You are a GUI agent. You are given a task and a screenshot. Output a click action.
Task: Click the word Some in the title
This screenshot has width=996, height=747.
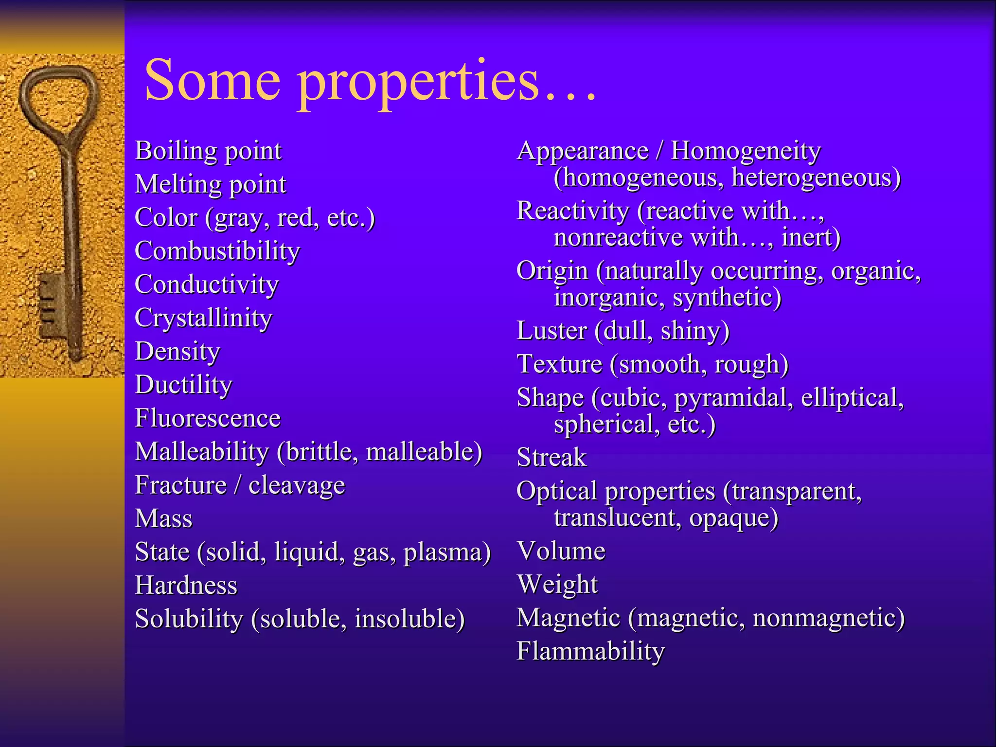212,80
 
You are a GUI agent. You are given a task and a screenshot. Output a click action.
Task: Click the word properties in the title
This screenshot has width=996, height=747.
418,83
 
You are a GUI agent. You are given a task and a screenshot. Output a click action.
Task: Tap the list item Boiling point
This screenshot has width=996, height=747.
208,151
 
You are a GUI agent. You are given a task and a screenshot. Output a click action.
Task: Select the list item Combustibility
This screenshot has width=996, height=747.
217,251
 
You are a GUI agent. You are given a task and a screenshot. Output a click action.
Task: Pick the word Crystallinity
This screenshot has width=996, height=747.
203,318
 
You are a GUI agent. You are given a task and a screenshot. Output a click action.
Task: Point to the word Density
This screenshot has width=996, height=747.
178,352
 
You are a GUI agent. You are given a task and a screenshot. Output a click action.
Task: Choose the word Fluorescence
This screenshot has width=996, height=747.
208,418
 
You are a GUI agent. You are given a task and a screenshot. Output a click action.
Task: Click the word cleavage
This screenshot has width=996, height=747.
297,485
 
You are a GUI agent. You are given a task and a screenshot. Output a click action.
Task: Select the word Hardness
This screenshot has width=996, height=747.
186,585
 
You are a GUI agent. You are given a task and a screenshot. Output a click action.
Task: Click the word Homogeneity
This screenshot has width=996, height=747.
746,151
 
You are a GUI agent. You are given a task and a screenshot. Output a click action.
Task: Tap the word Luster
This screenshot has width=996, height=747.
552,331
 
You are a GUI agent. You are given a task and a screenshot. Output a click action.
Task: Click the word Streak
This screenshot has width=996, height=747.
551,458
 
